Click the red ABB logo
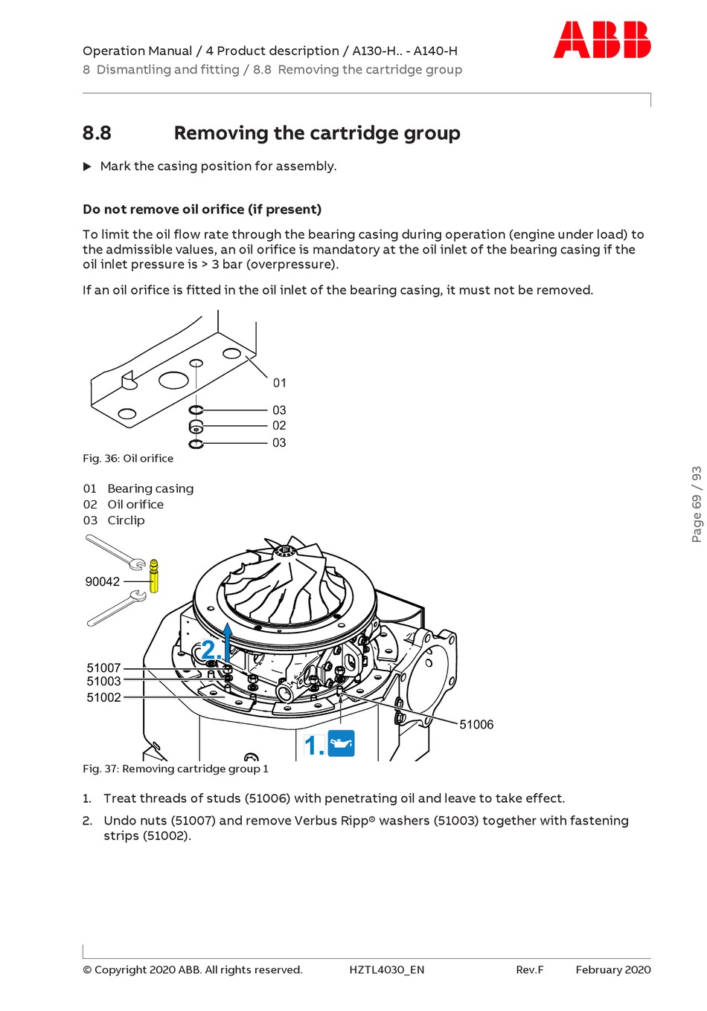tap(601, 40)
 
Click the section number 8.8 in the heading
tap(97, 133)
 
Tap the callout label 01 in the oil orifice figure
tap(279, 383)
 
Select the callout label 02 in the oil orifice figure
tap(279, 425)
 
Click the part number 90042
tap(103, 581)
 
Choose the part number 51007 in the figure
tap(103, 668)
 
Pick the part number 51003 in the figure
tap(103, 681)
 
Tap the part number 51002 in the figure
tap(103, 697)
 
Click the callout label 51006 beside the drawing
tap(476, 724)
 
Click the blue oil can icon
tap(341, 743)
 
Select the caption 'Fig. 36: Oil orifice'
tap(128, 459)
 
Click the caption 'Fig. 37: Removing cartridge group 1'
tap(176, 769)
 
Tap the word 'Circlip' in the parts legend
tap(126, 520)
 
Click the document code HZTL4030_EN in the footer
tap(387, 969)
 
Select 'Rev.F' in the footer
tap(530, 969)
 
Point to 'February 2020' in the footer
tap(613, 969)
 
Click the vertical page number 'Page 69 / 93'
tap(697, 504)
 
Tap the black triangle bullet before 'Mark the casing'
tap(87, 167)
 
